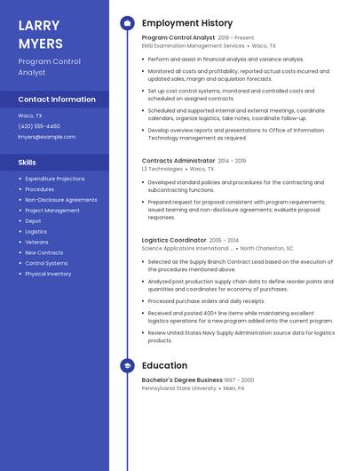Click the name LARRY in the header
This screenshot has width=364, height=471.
39,25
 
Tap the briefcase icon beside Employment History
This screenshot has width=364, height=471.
127,22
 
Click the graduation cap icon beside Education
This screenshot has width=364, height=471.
127,365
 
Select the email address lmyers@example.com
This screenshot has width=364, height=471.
47,137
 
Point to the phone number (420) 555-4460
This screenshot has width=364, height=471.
39,126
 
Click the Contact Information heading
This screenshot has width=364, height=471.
57,100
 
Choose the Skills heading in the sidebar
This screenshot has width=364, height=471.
28,163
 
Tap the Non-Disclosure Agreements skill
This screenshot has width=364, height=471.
61,200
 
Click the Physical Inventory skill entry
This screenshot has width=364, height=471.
48,274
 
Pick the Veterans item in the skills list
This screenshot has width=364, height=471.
36,242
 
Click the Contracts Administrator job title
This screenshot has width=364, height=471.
178,161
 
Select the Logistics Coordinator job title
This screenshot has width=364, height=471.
174,240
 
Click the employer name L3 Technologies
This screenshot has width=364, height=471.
162,169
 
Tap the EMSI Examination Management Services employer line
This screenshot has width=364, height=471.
193,45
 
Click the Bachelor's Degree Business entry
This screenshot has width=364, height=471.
182,380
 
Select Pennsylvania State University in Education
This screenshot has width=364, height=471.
178,388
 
